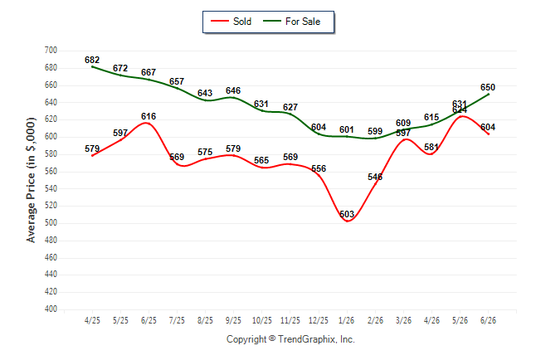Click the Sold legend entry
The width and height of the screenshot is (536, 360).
pos(231,22)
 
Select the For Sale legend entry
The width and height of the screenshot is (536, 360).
pos(291,22)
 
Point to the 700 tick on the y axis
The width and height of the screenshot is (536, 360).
pos(51,51)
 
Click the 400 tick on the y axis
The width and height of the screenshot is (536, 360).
pos(51,309)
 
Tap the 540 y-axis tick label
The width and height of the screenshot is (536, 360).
pos(51,188)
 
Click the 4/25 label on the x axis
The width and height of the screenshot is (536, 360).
pos(92,320)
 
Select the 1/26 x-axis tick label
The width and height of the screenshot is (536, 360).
pos(347,320)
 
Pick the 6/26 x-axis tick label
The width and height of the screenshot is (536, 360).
pos(488,320)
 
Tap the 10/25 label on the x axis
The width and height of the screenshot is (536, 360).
pos(262,320)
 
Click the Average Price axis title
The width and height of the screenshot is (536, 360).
pos(31,180)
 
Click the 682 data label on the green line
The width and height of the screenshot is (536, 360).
pos(92,60)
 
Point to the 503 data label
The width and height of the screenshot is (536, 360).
pos(347,214)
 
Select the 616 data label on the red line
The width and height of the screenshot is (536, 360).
pos(149,116)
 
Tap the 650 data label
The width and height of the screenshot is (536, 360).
pos(488,87)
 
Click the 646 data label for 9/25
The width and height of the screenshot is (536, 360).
pos(233,90)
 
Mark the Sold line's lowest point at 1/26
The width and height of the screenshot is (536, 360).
pos(348,221)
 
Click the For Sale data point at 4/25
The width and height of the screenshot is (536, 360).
pos(93,66)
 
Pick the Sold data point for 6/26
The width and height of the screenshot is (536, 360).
pos(489,134)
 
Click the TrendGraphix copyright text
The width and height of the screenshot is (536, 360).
pos(290,339)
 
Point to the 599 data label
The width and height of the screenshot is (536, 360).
pos(375,131)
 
